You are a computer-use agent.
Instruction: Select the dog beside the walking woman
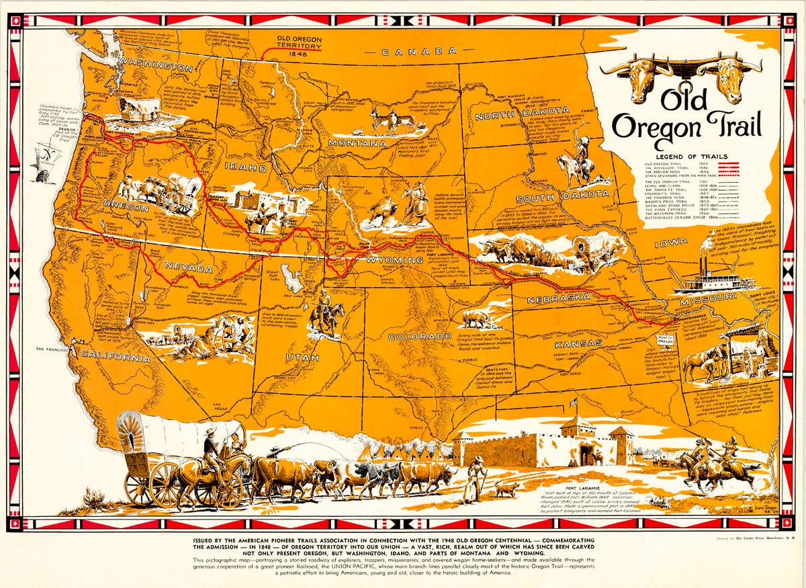point(506,489)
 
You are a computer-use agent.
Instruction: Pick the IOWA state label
point(672,242)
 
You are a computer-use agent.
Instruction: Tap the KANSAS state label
point(570,344)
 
